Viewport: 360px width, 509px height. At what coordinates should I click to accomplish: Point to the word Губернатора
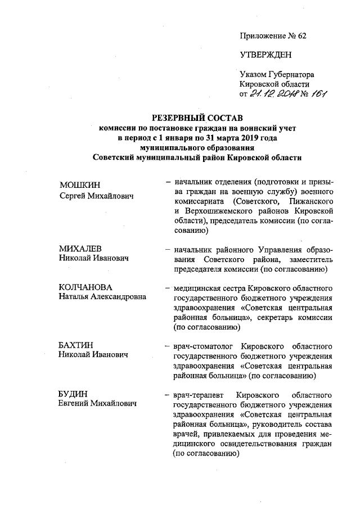pos(290,74)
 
